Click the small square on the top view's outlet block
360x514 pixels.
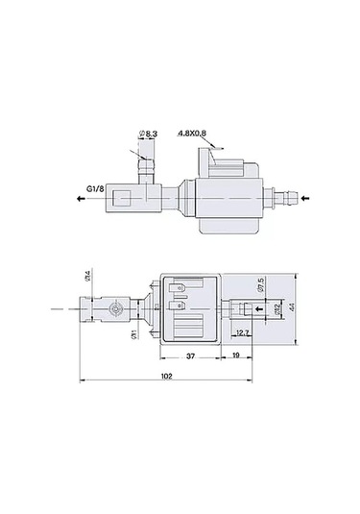[122, 201]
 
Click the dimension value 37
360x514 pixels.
[191, 355]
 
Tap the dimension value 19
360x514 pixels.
[236, 355]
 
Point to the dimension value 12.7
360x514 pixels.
[242, 332]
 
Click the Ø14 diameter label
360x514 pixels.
[89, 278]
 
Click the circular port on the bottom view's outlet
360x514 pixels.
[117, 307]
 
